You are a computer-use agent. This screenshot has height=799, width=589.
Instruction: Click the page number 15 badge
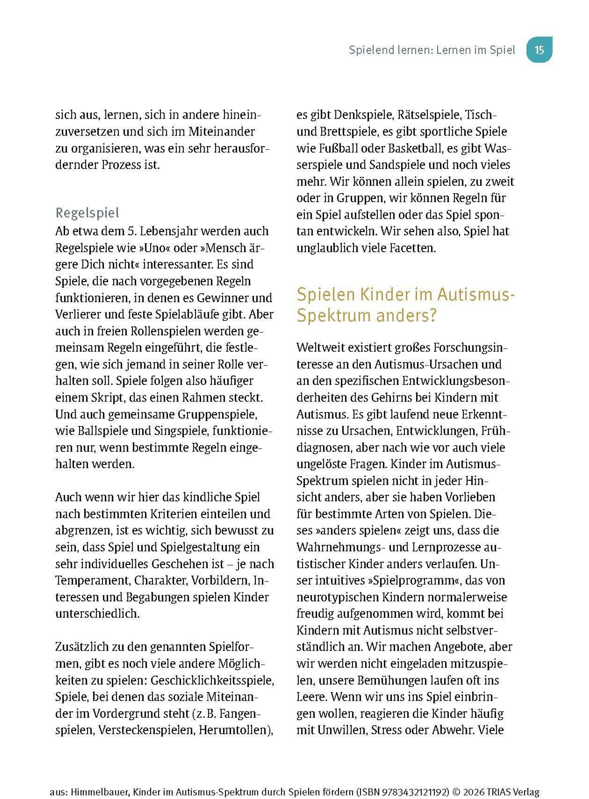(539, 50)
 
